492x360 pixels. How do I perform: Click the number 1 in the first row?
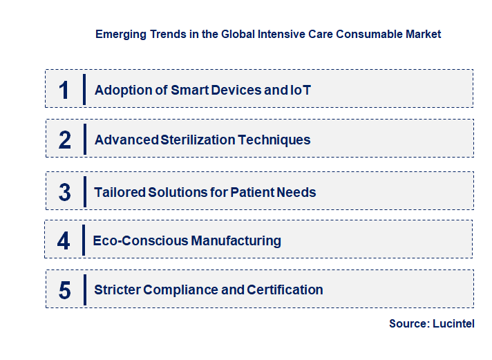tap(64, 90)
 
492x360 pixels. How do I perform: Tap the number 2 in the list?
tap(64, 140)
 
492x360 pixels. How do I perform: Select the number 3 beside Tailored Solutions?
tap(64, 192)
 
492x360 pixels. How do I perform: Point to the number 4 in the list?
tap(64, 241)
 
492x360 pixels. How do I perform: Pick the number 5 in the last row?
tap(64, 290)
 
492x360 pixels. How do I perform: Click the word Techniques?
tap(274, 140)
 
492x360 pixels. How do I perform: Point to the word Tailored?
tap(120, 192)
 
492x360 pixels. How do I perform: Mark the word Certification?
tap(283, 290)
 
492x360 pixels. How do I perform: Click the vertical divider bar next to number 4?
tap(84, 240)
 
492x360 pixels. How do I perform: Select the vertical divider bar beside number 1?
tap(84, 89)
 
